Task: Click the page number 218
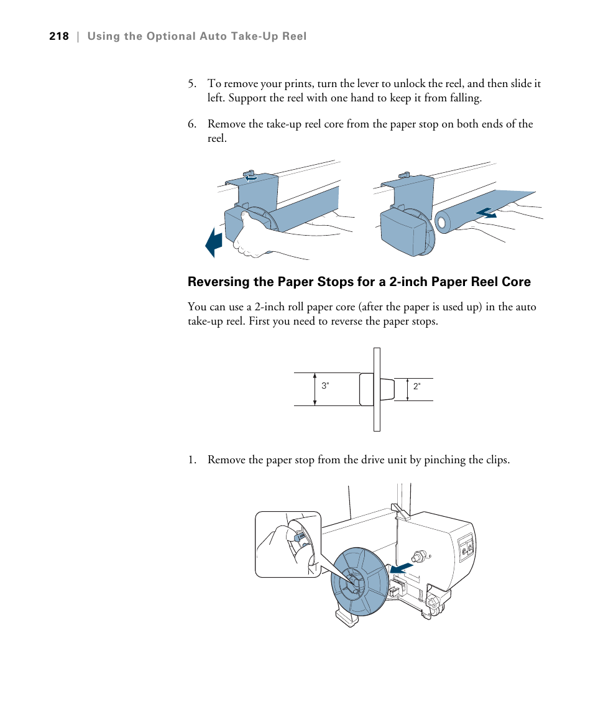click(x=59, y=36)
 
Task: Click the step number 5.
click(x=192, y=84)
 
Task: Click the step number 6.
click(x=192, y=124)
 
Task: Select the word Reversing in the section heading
click(x=218, y=282)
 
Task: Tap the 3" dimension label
click(x=325, y=386)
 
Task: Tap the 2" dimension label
click(x=417, y=386)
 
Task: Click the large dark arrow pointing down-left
click(x=213, y=243)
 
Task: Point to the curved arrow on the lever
click(x=251, y=177)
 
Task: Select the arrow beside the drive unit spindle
click(x=401, y=568)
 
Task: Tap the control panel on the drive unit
click(x=465, y=547)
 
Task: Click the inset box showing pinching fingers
click(x=288, y=544)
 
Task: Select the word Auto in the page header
click(x=213, y=36)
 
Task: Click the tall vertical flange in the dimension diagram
click(x=377, y=389)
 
